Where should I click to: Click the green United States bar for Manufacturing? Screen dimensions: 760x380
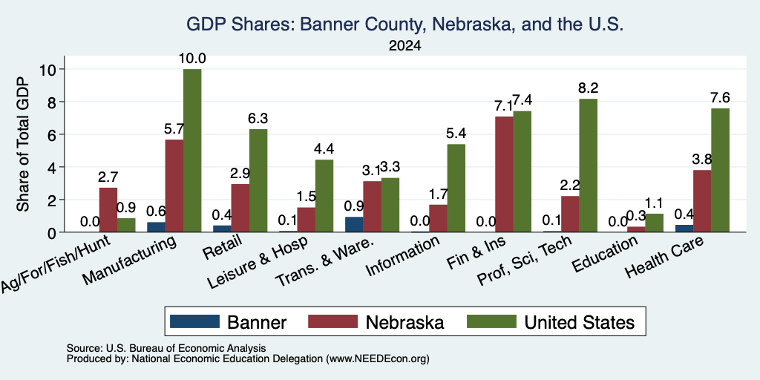192,150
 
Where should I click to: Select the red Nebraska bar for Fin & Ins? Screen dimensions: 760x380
504,174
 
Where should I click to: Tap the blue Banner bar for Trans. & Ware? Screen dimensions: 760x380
354,224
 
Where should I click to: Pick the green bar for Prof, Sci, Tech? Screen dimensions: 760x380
589,166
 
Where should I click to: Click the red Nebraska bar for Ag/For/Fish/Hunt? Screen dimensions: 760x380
108,210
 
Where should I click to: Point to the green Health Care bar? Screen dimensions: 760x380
720,170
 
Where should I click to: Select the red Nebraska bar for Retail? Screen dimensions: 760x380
240,208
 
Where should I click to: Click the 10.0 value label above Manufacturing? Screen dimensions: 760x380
192,59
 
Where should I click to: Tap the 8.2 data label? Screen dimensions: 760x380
589,88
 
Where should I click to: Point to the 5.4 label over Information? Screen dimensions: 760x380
456,134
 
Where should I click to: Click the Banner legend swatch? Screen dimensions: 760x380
195,321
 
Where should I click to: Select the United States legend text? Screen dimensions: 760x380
580,322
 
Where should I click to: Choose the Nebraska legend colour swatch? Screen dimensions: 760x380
333,321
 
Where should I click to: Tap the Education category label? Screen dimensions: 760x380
604,255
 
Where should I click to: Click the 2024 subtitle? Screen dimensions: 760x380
404,46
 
